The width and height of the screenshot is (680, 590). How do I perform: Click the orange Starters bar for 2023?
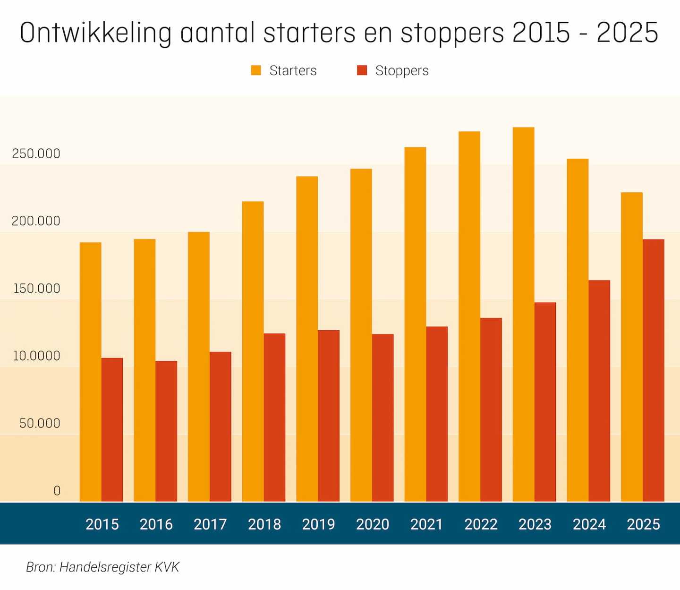coord(523,314)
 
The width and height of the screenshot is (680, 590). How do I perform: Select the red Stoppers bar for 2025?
coord(653,370)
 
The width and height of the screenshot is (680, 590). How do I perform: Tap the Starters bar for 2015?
coord(90,372)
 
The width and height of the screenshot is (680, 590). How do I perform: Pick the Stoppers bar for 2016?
coord(166,431)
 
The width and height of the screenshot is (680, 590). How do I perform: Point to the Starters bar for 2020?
coord(361,335)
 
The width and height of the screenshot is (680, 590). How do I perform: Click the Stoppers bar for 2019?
coord(329,416)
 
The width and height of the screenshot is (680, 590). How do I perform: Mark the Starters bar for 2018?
coord(253,351)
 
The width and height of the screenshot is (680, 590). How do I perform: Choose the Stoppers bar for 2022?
coord(491,410)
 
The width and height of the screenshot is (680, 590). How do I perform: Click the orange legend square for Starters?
coord(256,70)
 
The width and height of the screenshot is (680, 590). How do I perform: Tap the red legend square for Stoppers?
coord(362,70)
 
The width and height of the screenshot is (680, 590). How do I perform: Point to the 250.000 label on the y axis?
coord(36,154)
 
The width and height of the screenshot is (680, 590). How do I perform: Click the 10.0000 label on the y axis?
coord(36,356)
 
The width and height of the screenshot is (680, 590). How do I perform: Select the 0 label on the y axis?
coord(57,491)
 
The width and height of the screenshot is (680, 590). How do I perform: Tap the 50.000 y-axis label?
coord(40,423)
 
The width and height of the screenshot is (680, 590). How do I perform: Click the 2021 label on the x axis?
coord(426,524)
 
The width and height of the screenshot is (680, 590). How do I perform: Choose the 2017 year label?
coord(210,524)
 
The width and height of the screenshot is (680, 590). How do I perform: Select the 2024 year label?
coord(589,524)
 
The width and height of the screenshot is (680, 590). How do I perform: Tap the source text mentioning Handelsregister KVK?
coord(102,567)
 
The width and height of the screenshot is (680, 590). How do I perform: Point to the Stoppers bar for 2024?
coord(599,391)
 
